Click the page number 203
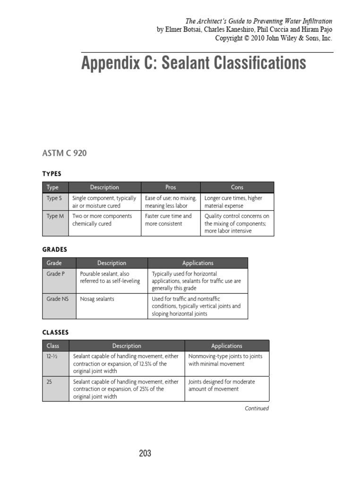click(145, 453)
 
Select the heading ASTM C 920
click(64, 153)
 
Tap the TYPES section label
click(52, 174)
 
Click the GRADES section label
click(55, 250)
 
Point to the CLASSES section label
click(55, 333)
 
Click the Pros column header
click(171, 187)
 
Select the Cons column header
click(237, 187)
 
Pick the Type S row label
click(54, 199)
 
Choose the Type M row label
click(54, 216)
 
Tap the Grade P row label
click(55, 274)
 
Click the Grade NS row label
click(57, 299)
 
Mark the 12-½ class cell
click(52, 357)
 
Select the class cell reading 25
click(49, 382)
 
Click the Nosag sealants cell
click(97, 299)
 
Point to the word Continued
click(257, 408)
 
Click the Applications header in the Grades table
click(198, 263)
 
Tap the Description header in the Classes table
click(127, 346)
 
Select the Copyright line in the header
click(274, 38)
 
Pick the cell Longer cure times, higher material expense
click(233, 202)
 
